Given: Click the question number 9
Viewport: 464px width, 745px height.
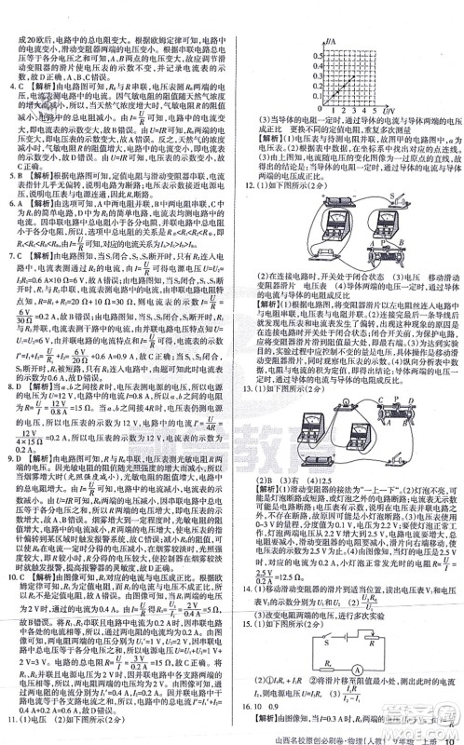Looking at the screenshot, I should coord(8,444).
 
